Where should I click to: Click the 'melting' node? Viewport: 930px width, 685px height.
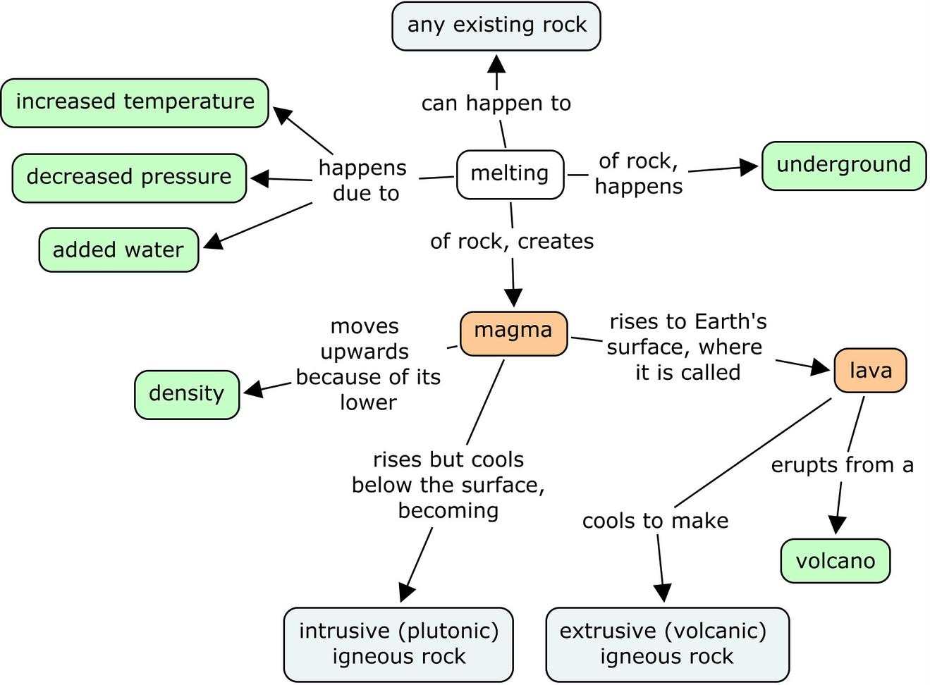(510, 173)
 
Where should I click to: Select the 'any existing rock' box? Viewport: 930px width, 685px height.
(496, 26)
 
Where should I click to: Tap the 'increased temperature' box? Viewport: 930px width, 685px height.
(135, 103)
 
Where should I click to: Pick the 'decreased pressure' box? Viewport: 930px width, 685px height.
(129, 178)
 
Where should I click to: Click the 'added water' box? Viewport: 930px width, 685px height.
(118, 250)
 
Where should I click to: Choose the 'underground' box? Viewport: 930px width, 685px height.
(843, 166)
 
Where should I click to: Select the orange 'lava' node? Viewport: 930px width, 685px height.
(870, 370)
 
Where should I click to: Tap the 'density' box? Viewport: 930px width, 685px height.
(187, 394)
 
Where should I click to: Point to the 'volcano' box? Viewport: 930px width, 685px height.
(835, 561)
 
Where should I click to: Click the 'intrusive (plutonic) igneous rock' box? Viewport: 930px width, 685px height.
(398, 643)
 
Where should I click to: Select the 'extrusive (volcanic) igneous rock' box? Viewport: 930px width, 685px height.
(667, 643)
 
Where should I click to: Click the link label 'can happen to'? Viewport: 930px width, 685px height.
(496, 104)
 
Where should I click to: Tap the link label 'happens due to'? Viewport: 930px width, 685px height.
(364, 180)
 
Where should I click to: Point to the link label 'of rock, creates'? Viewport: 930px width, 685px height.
(512, 241)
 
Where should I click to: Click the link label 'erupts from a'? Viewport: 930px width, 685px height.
(842, 465)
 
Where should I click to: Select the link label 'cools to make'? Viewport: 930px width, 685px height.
(655, 521)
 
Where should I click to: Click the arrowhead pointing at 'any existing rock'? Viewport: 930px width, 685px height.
(496, 64)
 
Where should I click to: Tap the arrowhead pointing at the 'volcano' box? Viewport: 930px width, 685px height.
(836, 524)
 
